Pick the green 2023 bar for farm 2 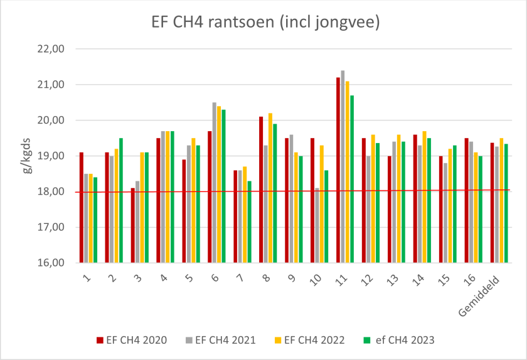point(121,201)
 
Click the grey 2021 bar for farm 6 point(214,183)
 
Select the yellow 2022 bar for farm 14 point(425,197)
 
